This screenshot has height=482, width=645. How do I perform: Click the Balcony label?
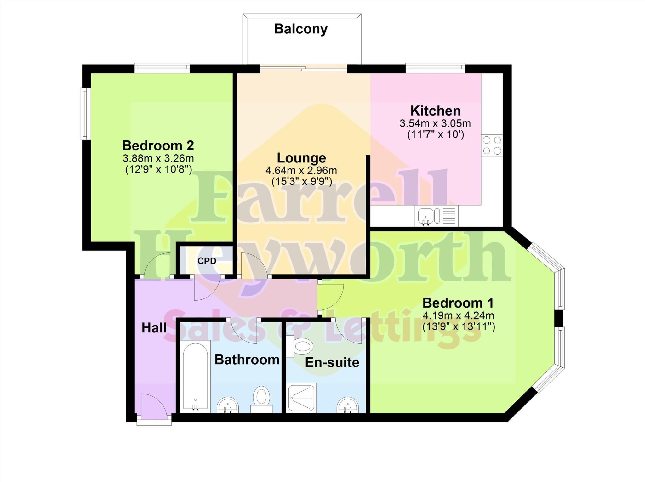tap(301, 29)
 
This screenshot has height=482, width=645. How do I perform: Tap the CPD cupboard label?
tap(207, 261)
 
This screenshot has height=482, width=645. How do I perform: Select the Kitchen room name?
tap(435, 111)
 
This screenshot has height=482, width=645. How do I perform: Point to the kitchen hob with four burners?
tap(492, 145)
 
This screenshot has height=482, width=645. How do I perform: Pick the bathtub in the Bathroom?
tap(195, 377)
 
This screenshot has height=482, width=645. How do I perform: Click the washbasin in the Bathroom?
tap(227, 405)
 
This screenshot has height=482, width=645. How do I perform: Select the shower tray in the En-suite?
tap(302, 398)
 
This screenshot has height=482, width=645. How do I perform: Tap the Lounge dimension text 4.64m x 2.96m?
tap(301, 171)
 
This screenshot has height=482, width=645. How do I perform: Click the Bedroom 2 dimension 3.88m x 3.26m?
tap(158, 158)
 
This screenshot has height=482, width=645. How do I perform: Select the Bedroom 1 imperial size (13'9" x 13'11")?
tap(459, 327)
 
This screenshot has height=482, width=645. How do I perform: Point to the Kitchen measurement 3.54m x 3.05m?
tap(435, 123)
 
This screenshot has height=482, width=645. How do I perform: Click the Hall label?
tap(154, 328)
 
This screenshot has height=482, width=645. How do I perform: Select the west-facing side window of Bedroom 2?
tap(85, 114)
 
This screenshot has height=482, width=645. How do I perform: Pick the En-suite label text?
tap(332, 362)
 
